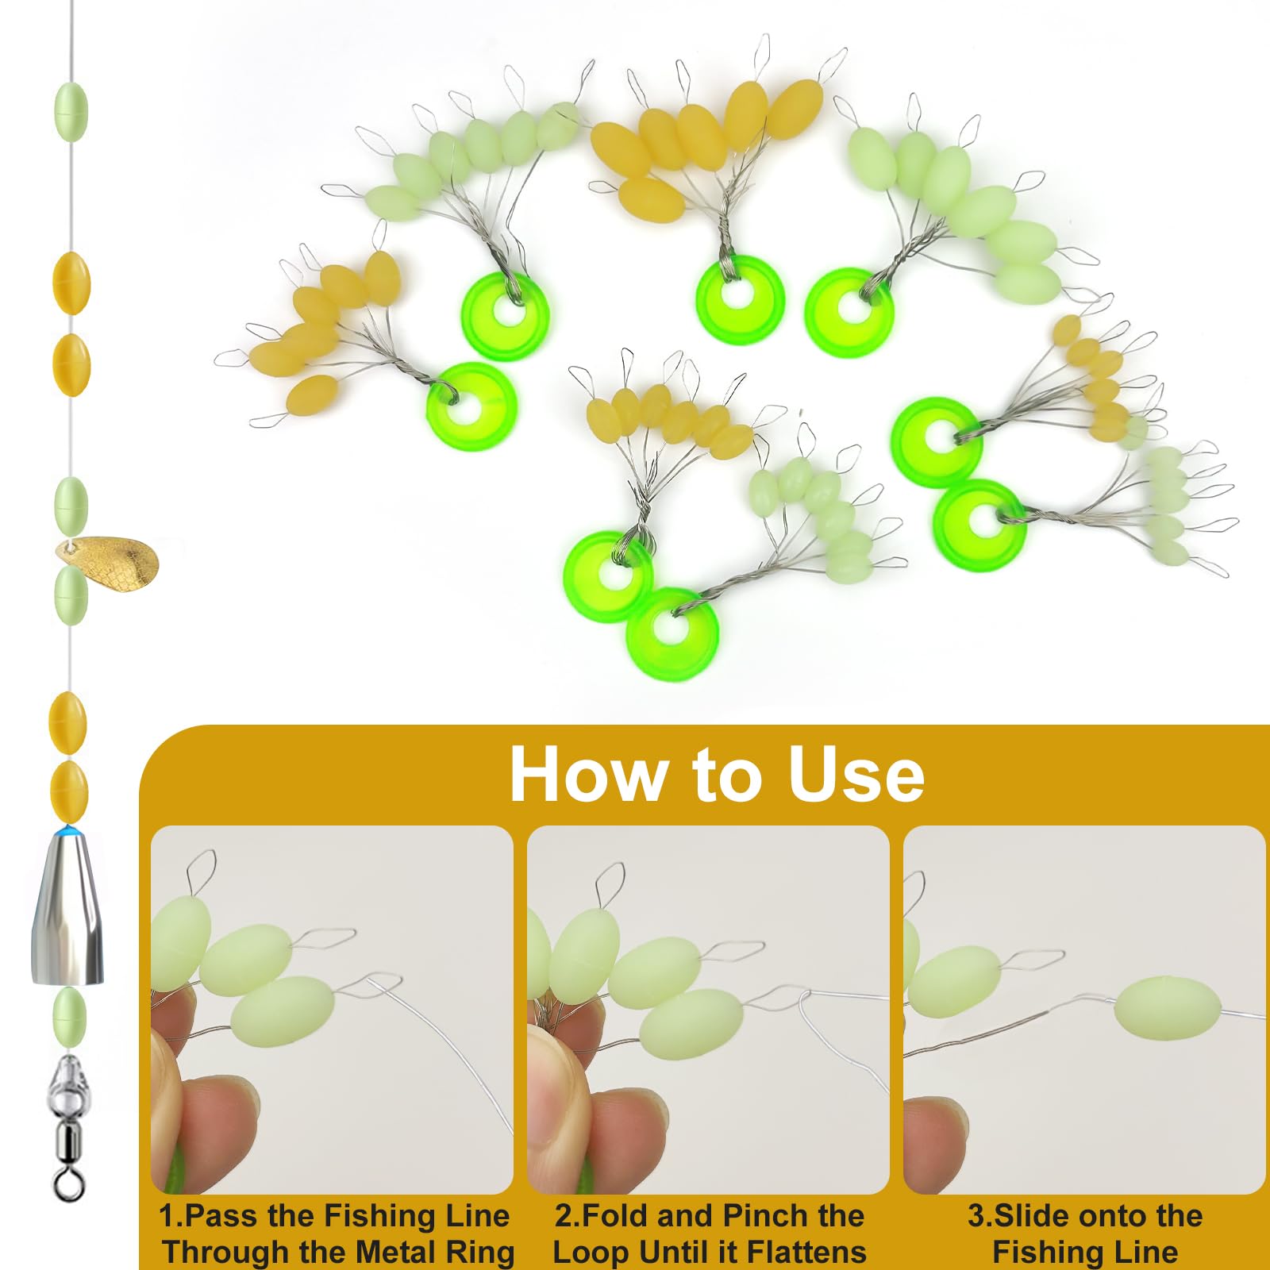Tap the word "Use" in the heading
click(856, 774)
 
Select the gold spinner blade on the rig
click(106, 564)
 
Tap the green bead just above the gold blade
click(71, 506)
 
